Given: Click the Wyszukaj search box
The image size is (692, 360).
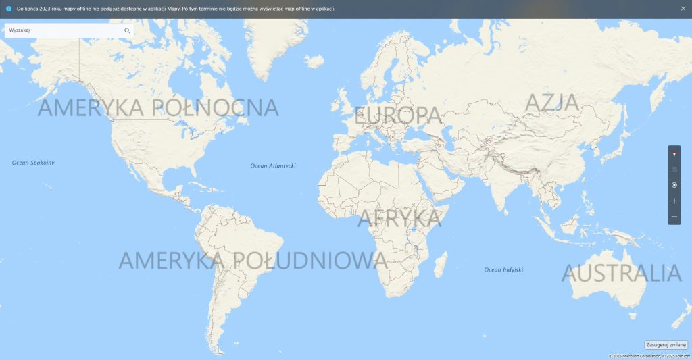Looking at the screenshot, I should point(64,30).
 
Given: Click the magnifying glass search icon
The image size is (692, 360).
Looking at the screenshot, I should point(127,30).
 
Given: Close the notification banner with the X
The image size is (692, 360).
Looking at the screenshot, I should point(683,9).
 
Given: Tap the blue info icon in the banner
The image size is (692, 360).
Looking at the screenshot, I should point(9,9).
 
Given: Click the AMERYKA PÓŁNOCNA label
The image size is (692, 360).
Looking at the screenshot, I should point(158,108).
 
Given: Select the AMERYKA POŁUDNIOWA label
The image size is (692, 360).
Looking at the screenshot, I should point(253,261).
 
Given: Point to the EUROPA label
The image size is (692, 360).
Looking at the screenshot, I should point(398,115).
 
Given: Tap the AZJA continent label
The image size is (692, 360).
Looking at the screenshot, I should point(552,103).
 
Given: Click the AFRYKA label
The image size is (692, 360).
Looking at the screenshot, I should point(399,218).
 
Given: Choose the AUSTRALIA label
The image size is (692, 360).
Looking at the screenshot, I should point(621,274).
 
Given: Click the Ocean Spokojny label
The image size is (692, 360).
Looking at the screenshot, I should point(33,163).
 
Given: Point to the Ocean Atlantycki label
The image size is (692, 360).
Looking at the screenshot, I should point(273,165).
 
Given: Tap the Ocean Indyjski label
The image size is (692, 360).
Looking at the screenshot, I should point(503,269).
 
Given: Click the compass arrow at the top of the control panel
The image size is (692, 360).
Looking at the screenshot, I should point(674,154).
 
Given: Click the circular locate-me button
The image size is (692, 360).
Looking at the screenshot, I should point(674,185).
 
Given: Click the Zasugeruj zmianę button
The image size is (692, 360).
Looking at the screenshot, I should point(666,344).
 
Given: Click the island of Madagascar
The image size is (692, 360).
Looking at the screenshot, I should point(441,263).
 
